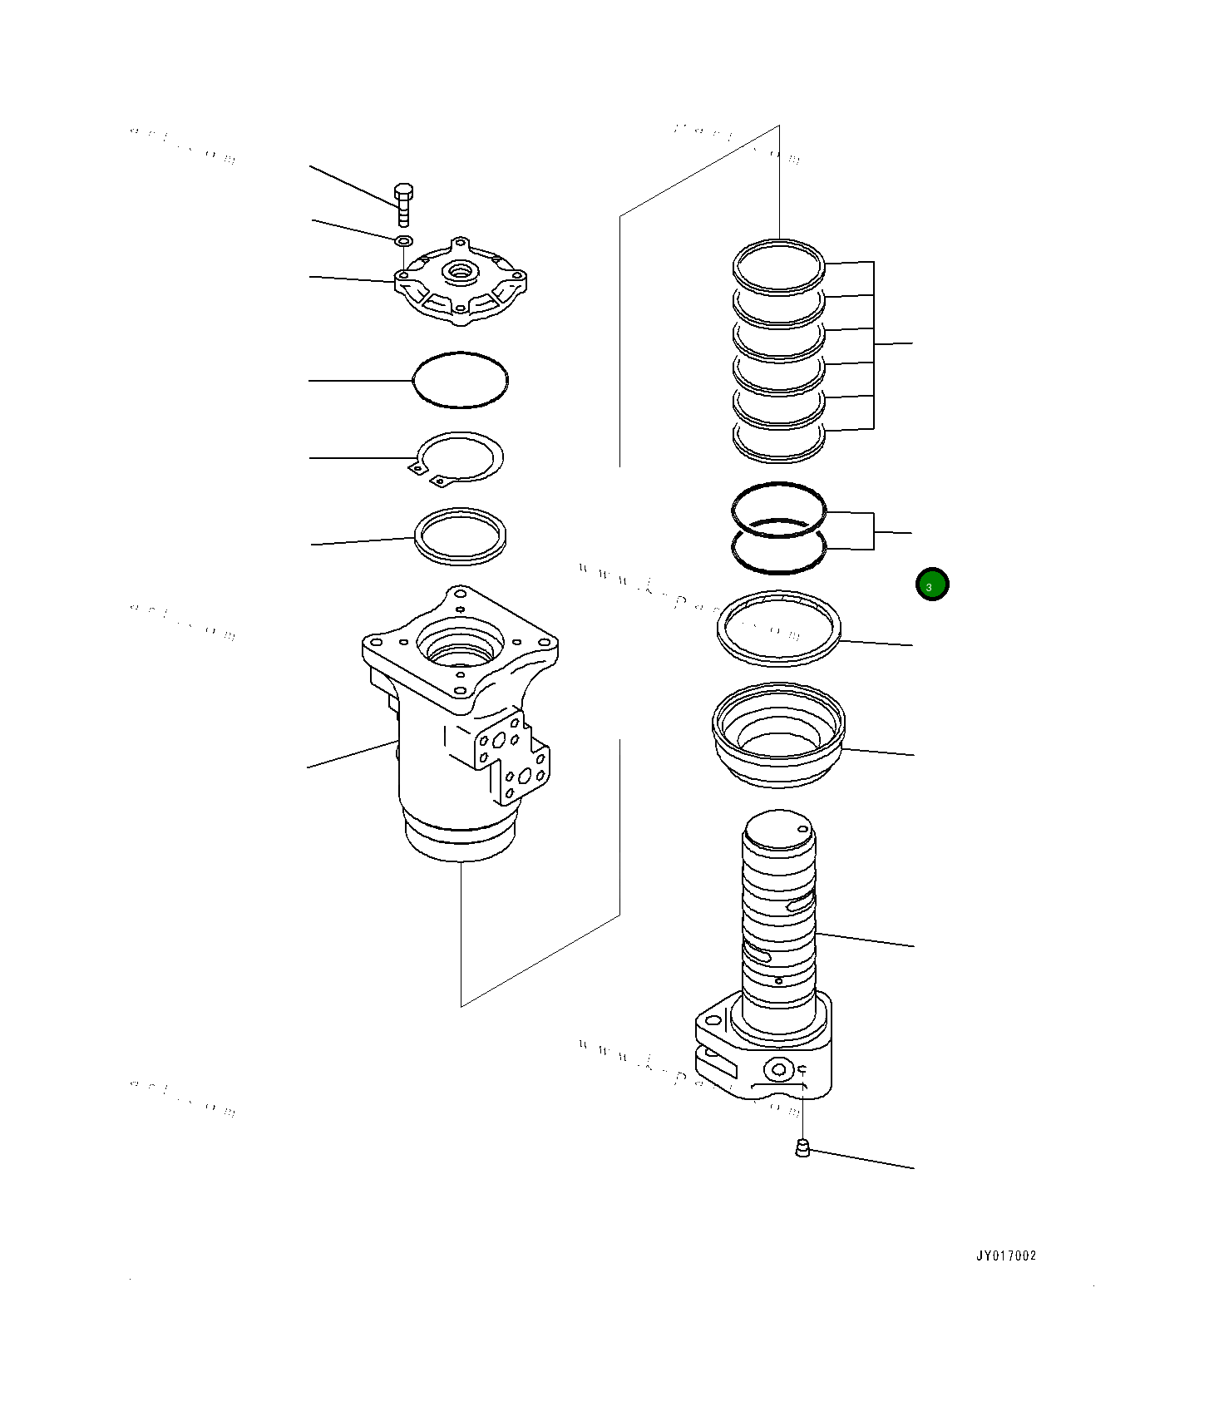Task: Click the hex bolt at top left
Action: coord(403,203)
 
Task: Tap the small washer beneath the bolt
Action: coord(403,241)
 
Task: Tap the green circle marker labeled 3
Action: coord(931,585)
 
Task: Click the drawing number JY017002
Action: coord(1006,1256)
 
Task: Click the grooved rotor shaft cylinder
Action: coord(778,915)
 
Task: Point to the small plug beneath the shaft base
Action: coord(802,1149)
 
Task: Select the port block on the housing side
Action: coord(511,757)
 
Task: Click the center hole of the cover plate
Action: coord(458,270)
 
